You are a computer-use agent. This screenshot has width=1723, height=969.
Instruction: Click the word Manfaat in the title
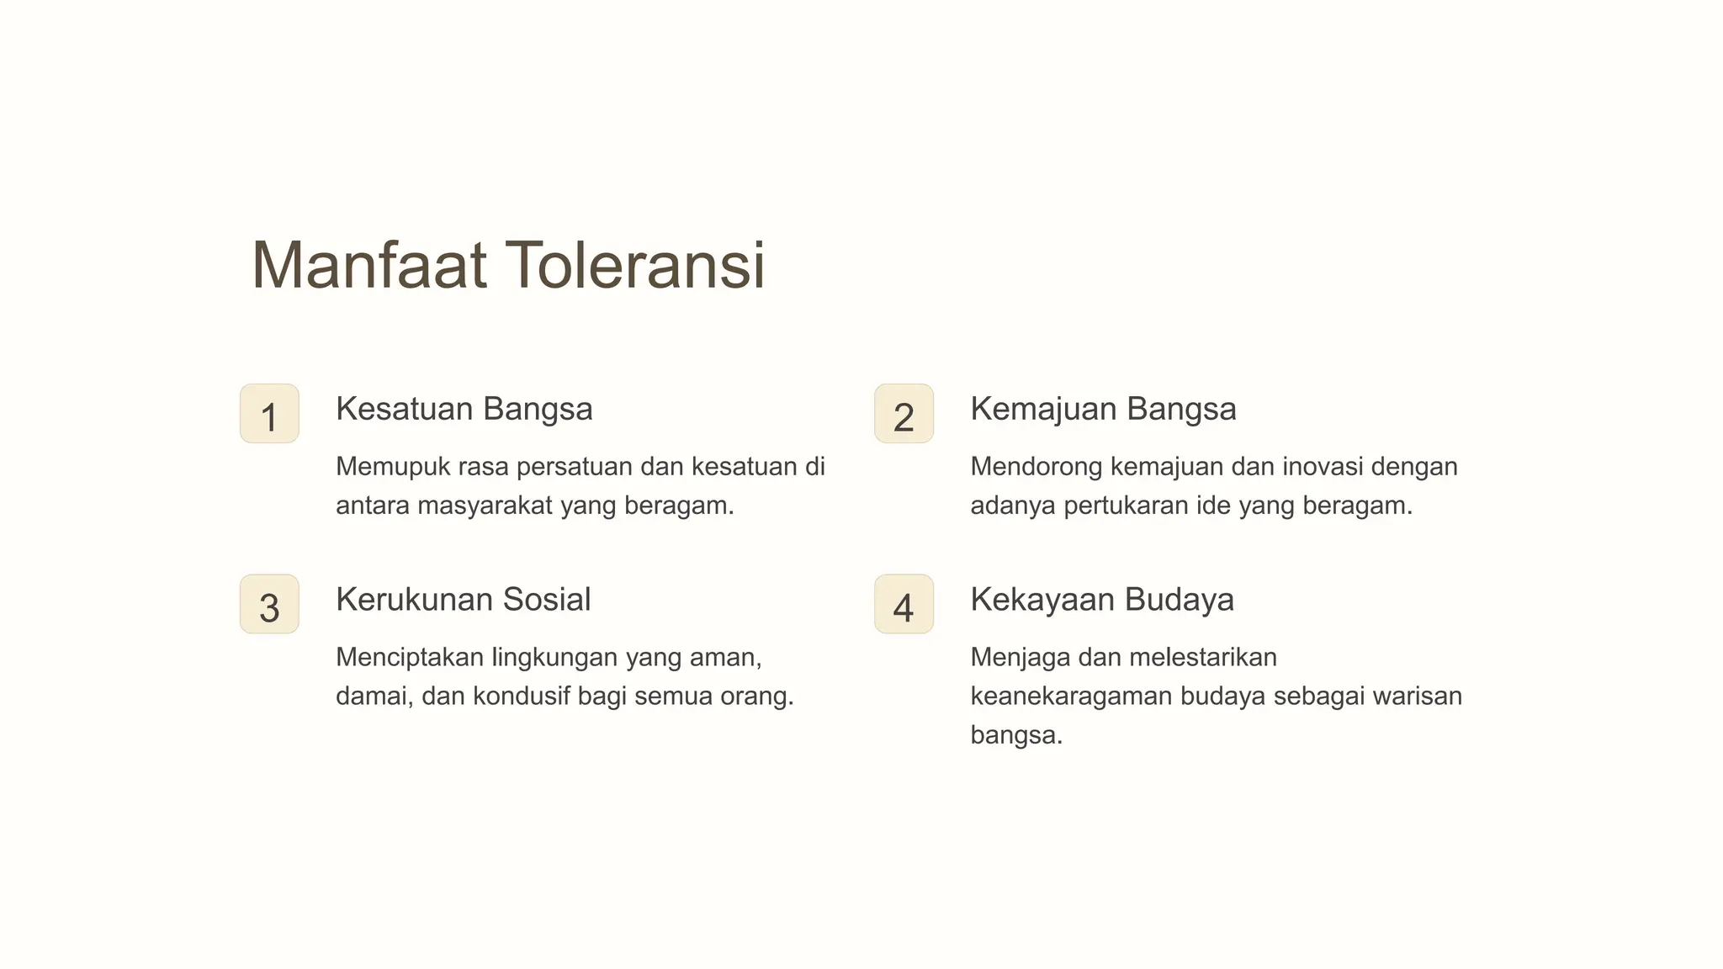368,266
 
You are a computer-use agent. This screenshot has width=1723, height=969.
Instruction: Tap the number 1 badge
269,414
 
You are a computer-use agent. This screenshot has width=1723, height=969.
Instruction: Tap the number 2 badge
904,414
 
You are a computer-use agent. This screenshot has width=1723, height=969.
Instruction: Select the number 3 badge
269,604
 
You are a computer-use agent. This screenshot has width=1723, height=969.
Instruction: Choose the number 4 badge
904,604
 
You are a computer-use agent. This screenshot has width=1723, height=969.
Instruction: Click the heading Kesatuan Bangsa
464,410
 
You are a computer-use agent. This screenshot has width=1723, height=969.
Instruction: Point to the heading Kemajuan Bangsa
1103,410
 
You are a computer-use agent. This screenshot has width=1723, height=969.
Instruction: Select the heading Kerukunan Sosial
463,600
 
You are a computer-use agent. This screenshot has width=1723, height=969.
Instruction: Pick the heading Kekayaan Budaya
1102,600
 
